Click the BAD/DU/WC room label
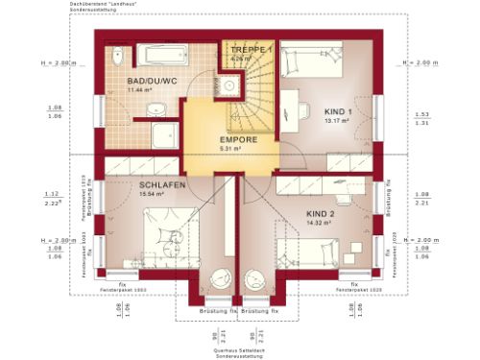click(x=146, y=81)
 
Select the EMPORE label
click(x=237, y=139)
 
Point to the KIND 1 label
click(x=338, y=112)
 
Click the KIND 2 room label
click(x=319, y=212)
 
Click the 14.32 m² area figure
click(x=319, y=222)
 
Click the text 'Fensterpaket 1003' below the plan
click(x=128, y=289)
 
